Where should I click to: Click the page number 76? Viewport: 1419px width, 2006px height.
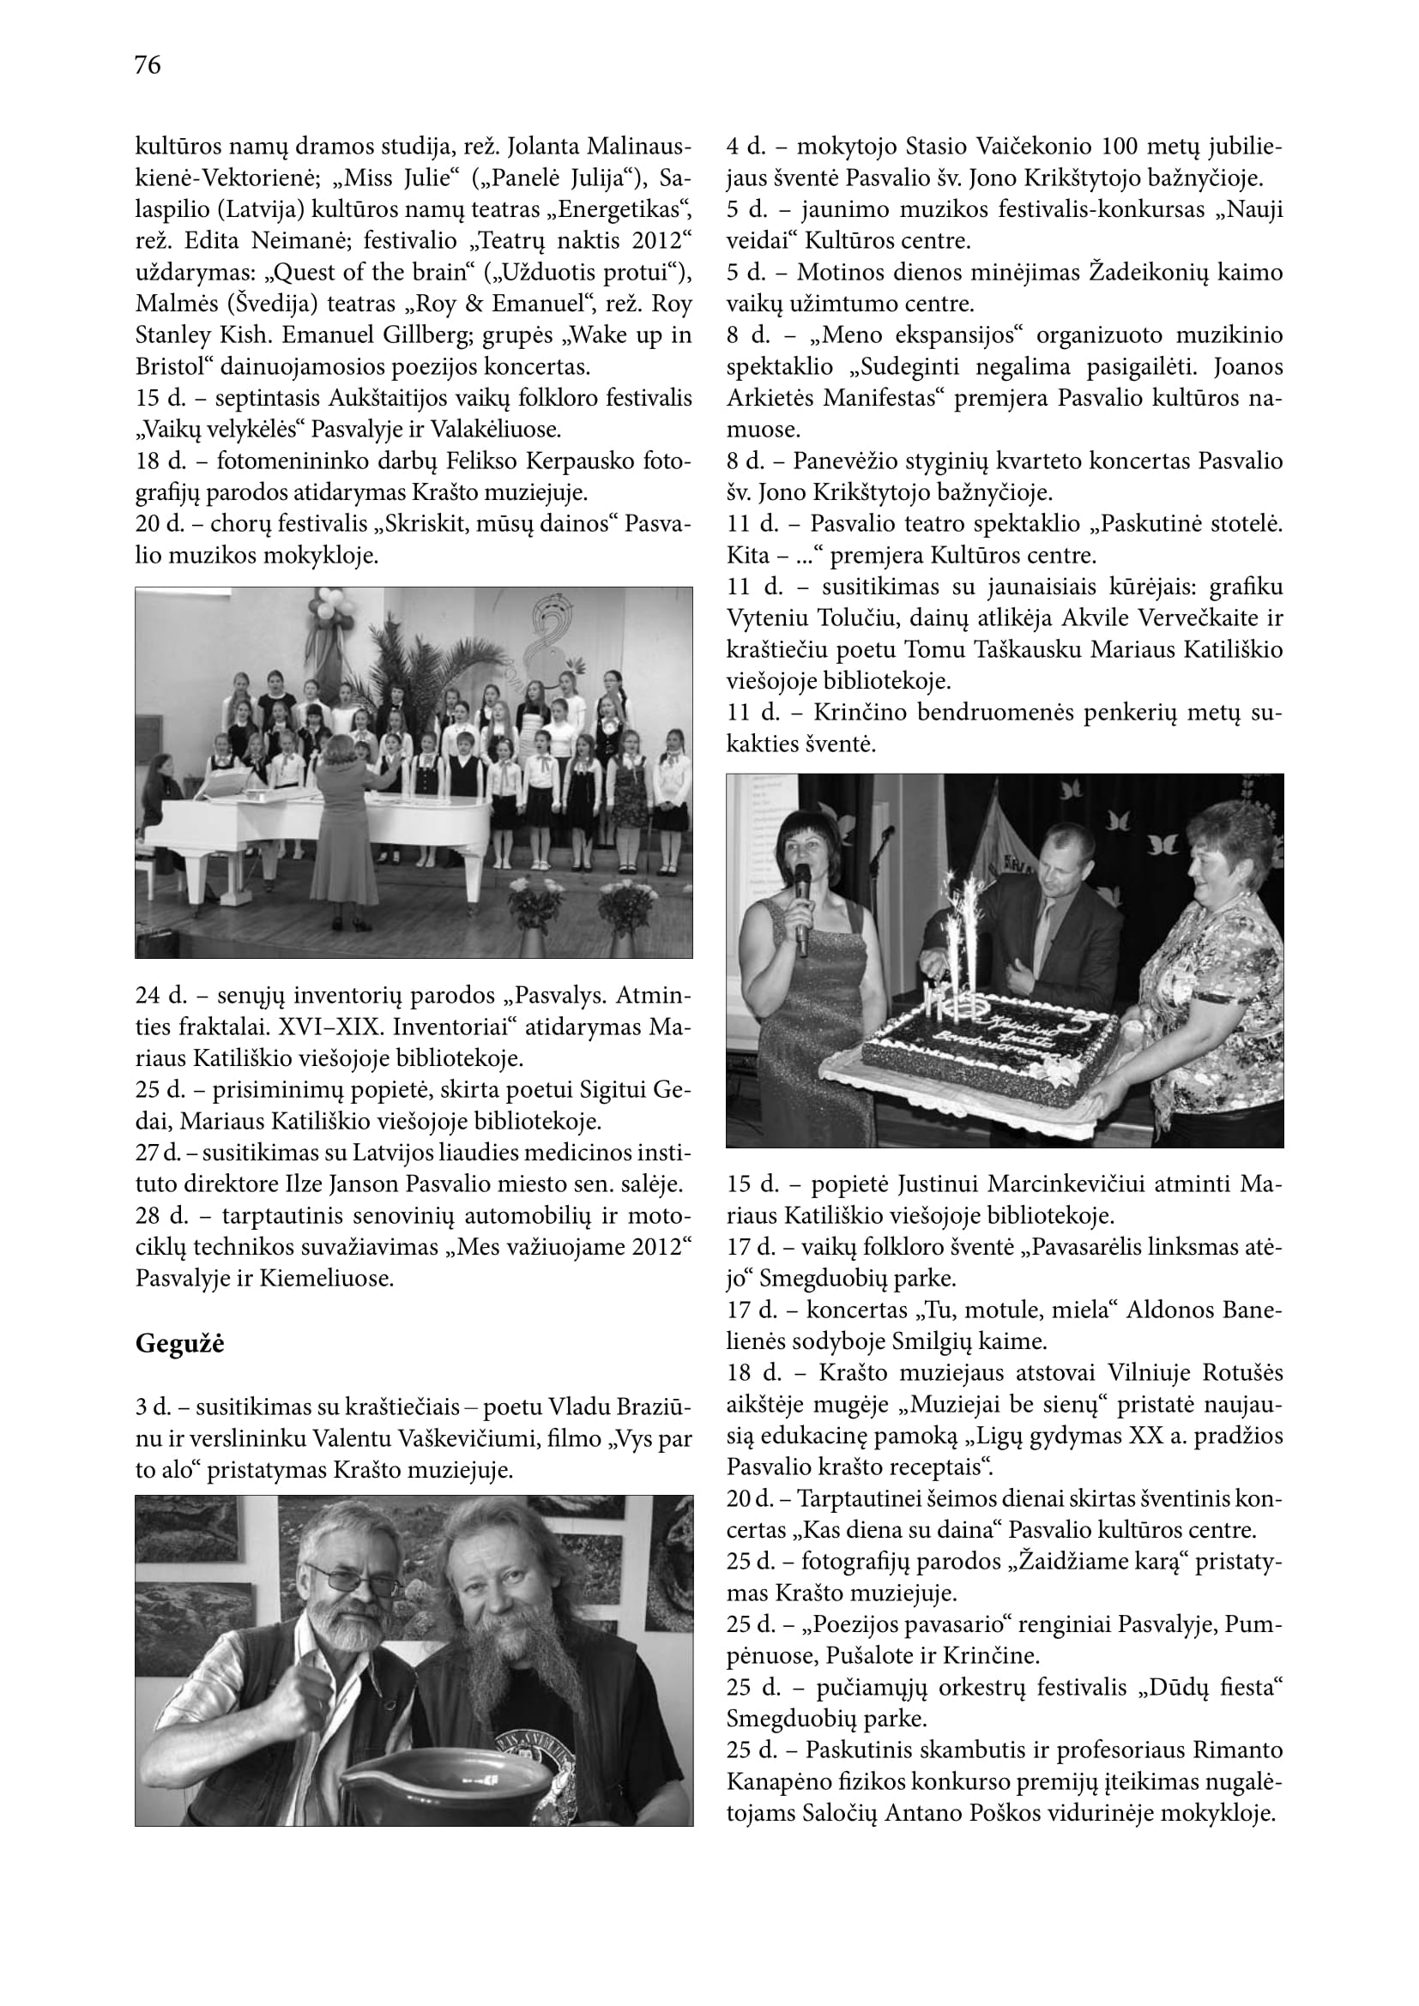point(148,64)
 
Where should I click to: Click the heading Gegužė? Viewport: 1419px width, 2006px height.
point(179,1344)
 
